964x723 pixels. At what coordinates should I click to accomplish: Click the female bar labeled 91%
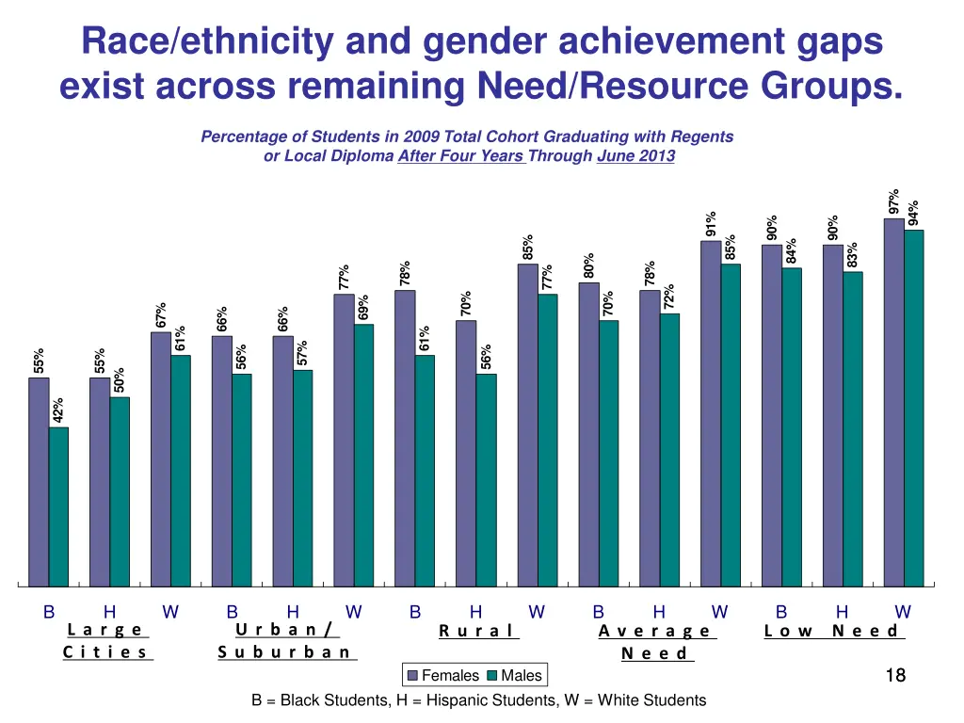[711, 413]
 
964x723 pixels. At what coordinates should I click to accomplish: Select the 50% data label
[120, 380]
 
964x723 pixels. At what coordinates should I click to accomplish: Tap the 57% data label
[302, 353]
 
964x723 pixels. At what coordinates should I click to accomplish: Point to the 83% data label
[852, 255]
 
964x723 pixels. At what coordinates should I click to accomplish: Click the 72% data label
[669, 297]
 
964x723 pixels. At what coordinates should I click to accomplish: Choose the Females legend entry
[442, 675]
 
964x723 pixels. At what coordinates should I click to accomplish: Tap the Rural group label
[478, 631]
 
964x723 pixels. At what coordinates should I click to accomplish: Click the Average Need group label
[656, 641]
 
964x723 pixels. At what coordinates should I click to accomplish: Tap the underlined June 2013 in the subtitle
[635, 156]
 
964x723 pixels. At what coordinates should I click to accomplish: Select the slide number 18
[895, 674]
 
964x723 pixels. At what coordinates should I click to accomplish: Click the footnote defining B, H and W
[478, 699]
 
